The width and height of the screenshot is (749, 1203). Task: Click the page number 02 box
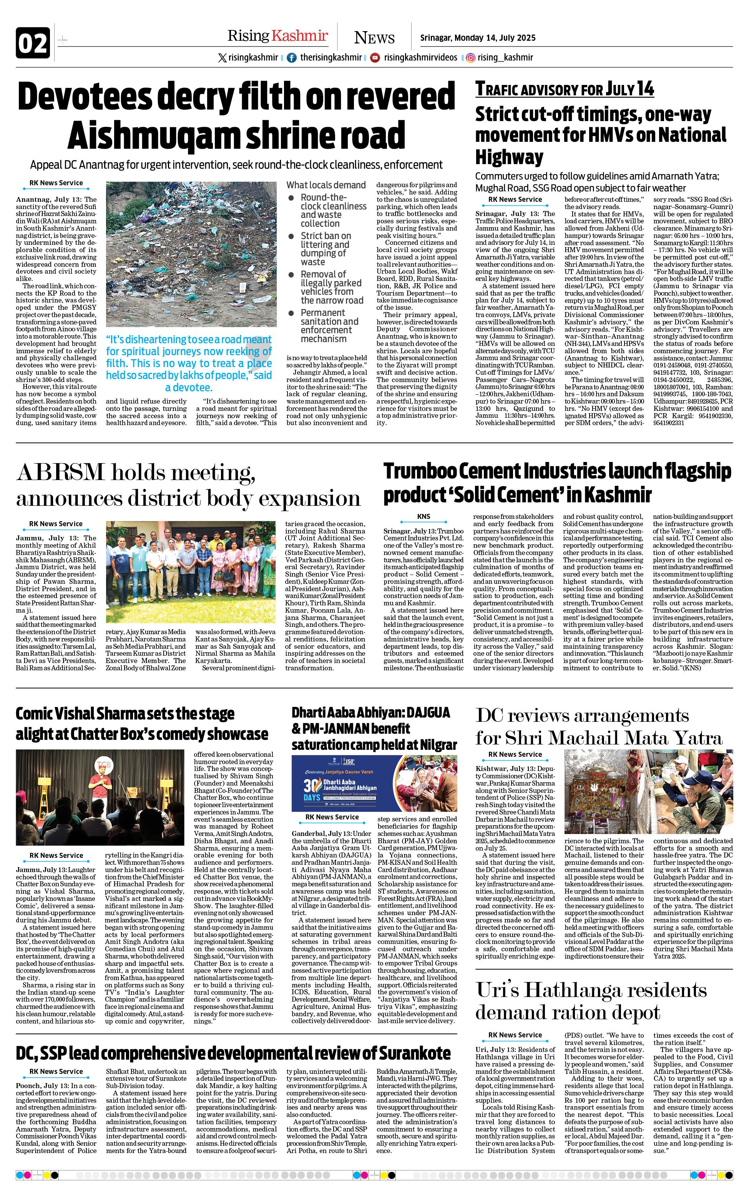[x=33, y=43]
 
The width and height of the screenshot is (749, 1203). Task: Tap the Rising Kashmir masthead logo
[x=277, y=36]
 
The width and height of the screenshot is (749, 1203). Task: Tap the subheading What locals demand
[x=326, y=185]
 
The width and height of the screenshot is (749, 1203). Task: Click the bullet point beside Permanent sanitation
[x=292, y=313]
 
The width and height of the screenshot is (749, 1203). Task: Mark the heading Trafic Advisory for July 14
[x=564, y=90]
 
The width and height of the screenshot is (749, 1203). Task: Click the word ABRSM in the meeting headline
[x=60, y=472]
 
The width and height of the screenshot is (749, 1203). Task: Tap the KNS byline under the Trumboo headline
[x=423, y=516]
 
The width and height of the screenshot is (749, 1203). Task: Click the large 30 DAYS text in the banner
[x=312, y=788]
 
